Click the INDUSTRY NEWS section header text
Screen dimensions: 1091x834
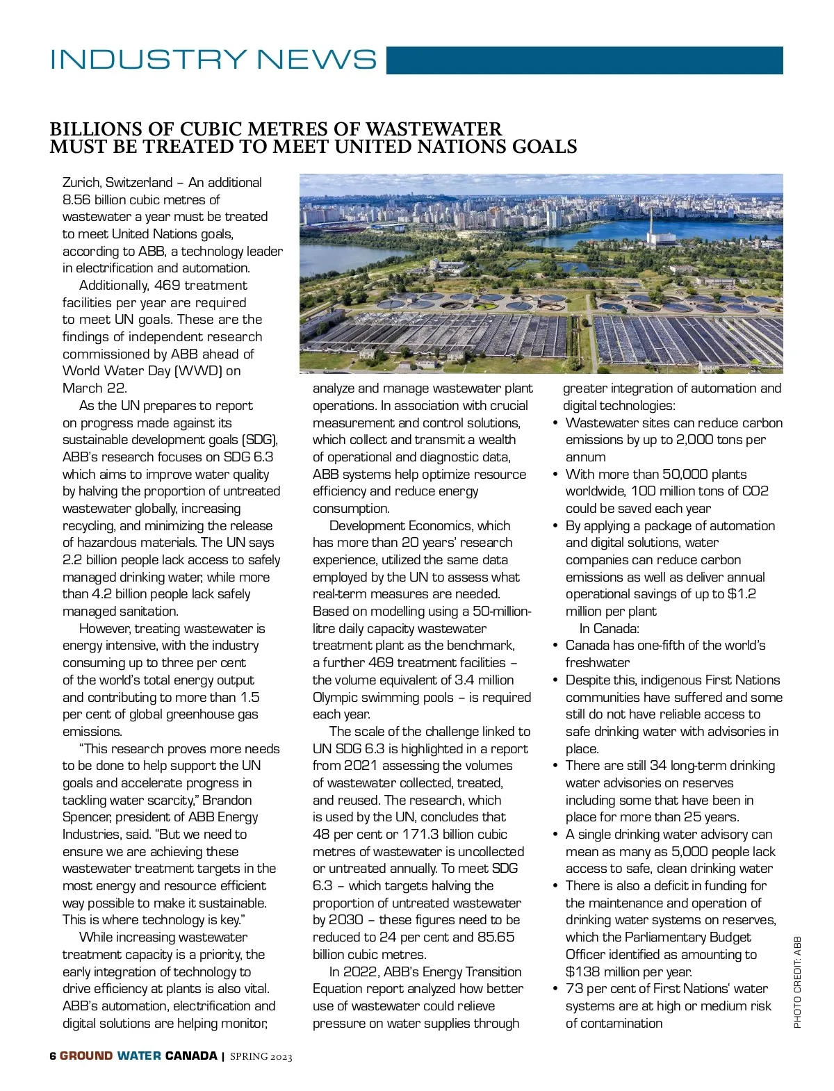tap(213, 60)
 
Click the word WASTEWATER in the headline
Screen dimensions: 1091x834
tap(434, 130)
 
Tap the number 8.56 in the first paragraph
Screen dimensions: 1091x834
tap(76, 200)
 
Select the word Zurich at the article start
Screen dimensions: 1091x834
tap(82, 183)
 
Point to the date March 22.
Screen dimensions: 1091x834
tap(95, 388)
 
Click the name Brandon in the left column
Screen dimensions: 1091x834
tap(227, 801)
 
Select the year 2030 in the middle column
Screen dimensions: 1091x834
tap(346, 920)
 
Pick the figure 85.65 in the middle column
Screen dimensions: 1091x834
tap(496, 937)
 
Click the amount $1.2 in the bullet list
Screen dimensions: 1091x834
tap(742, 594)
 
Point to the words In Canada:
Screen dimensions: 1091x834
tap(609, 629)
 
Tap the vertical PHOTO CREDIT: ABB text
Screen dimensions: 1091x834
tap(797, 982)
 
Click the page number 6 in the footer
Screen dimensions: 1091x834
tap(53, 1056)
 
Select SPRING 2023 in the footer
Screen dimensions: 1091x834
tap(261, 1057)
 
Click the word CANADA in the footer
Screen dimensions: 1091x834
tap(191, 1056)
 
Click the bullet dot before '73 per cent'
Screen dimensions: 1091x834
tap(555, 989)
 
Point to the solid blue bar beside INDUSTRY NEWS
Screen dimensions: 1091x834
tap(584, 60)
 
